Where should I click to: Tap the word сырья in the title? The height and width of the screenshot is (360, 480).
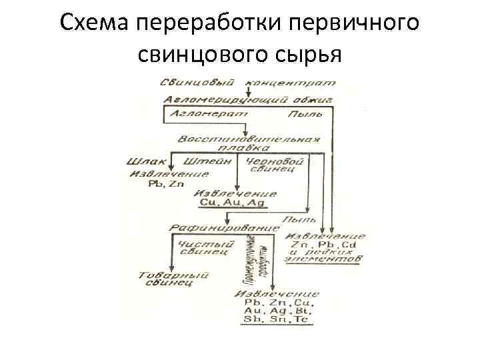tap(308, 54)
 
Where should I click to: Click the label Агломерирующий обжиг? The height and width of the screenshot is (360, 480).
tap(248, 99)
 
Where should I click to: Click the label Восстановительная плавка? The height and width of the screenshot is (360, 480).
tap(249, 143)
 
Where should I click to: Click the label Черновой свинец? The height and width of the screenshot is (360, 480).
tap(275, 165)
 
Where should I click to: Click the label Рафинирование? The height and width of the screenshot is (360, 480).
tap(224, 228)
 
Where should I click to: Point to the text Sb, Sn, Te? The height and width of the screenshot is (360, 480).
tap(275, 320)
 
